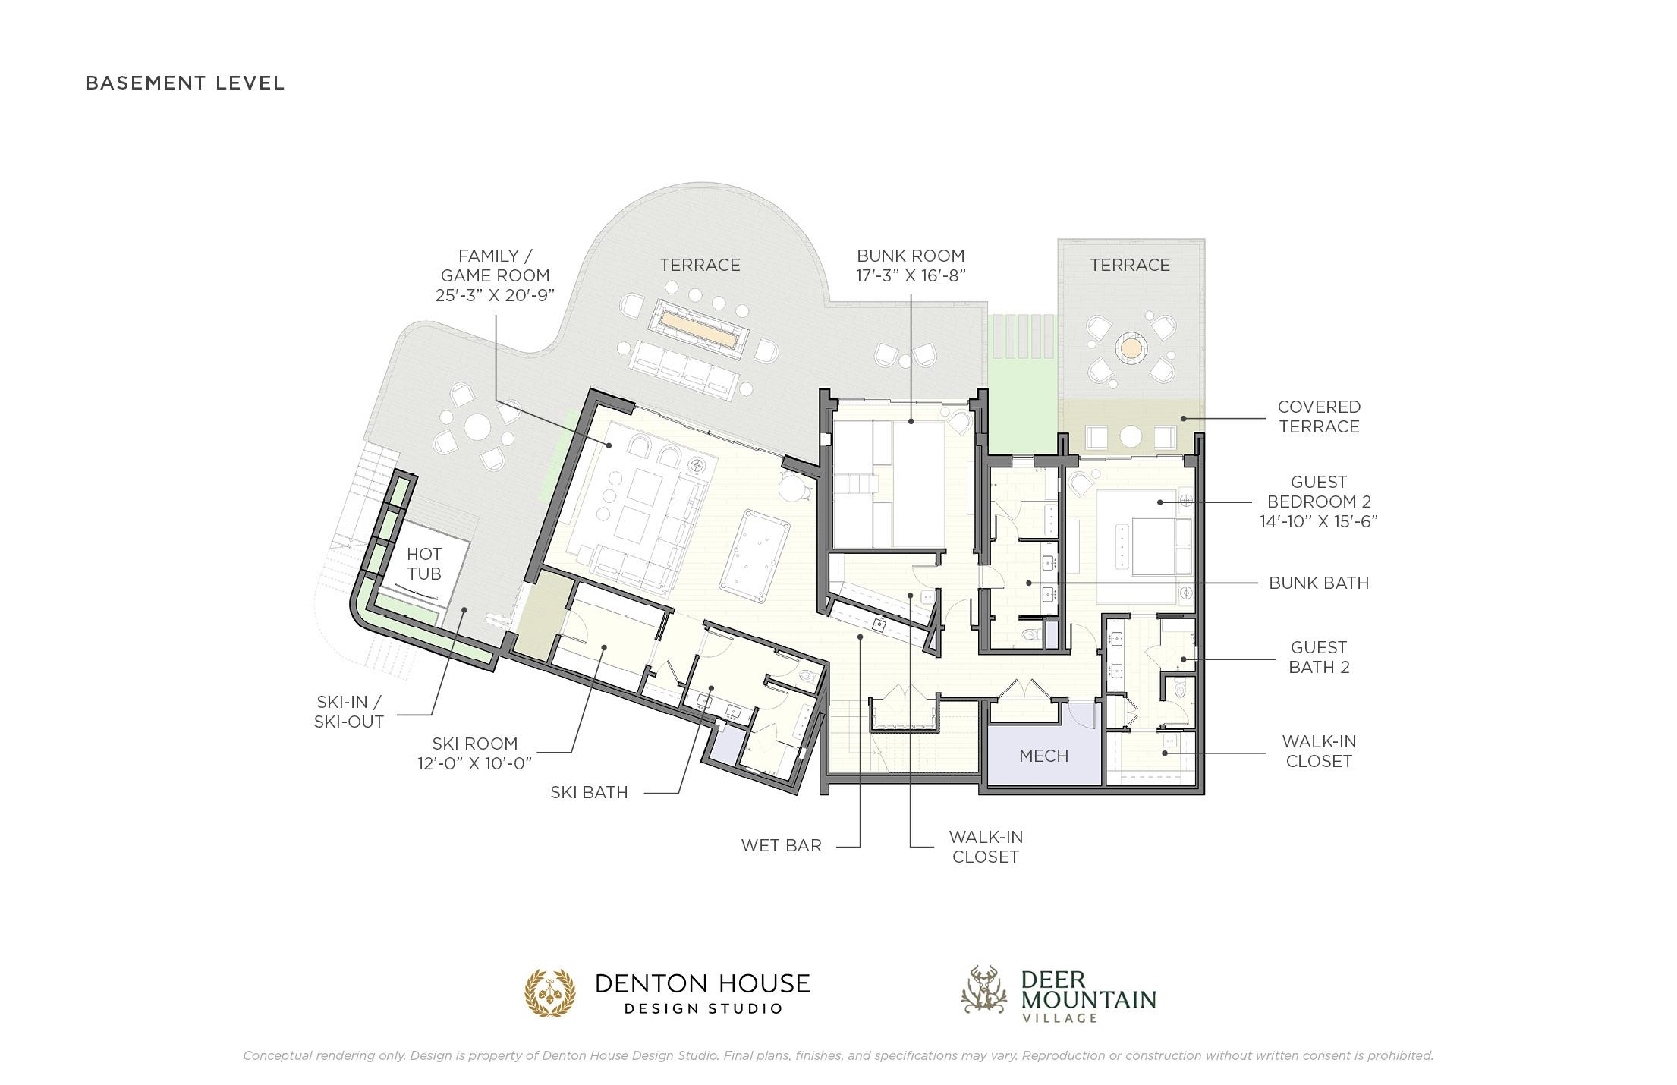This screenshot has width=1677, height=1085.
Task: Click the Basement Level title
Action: tap(184, 83)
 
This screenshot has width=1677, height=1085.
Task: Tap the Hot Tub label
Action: tap(424, 564)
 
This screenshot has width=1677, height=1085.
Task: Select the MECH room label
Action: tap(1044, 756)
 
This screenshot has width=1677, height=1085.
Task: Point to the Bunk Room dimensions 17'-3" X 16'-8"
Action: tap(911, 275)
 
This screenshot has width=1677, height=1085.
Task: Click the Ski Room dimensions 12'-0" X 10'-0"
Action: tap(475, 763)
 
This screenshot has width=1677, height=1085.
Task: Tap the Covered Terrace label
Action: tap(1319, 417)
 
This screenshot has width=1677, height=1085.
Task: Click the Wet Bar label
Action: tap(782, 845)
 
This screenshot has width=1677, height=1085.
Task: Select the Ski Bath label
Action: tap(589, 792)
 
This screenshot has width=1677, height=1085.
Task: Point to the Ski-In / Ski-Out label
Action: tap(349, 712)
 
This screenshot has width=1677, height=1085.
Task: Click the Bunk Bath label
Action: tap(1319, 583)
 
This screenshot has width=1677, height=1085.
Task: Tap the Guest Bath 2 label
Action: tap(1319, 657)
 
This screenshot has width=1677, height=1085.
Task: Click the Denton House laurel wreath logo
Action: tap(551, 992)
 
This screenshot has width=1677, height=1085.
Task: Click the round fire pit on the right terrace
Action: tap(1131, 349)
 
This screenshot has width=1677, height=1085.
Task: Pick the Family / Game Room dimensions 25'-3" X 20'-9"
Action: tap(495, 295)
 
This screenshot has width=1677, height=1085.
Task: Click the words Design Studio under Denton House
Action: tap(703, 1008)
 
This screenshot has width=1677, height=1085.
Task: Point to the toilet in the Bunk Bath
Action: tap(1029, 634)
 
